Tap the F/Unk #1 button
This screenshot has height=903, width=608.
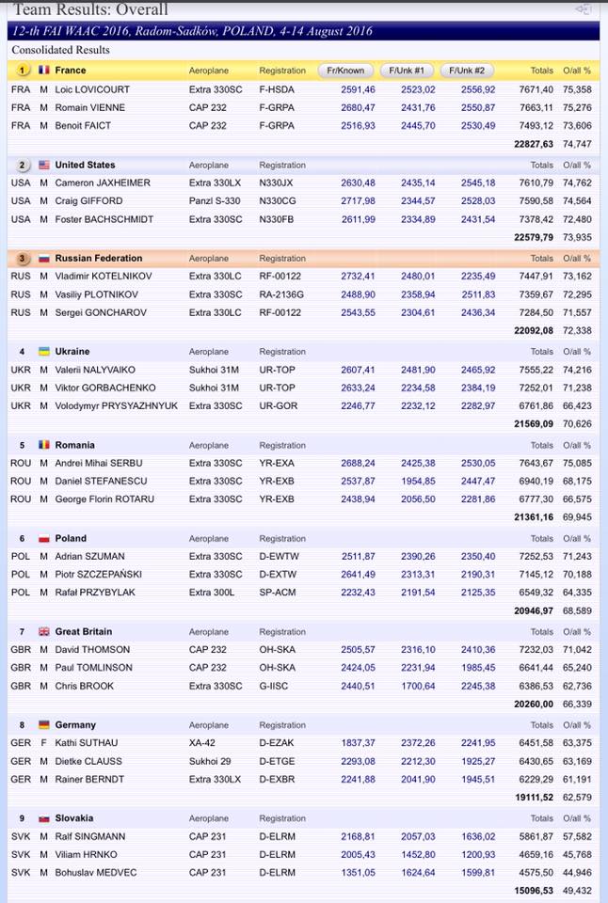click(406, 71)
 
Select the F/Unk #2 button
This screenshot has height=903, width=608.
click(468, 71)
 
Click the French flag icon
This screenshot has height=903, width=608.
click(44, 71)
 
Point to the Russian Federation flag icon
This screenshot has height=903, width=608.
click(44, 258)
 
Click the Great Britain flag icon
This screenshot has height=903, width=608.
click(44, 631)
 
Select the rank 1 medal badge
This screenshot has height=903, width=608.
click(23, 71)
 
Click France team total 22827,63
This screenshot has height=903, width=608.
click(533, 144)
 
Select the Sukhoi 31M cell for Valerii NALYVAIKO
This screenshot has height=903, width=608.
click(215, 370)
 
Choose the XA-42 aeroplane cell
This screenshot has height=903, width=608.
click(202, 743)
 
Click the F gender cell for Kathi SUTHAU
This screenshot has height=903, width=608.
click(43, 743)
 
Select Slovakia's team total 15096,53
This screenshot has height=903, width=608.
click(533, 891)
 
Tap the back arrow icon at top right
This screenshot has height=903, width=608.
click(584, 9)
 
